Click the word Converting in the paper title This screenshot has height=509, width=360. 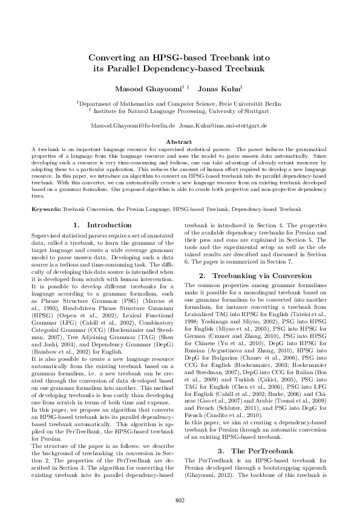tap(112, 58)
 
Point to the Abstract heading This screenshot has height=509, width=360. tap(179, 141)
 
